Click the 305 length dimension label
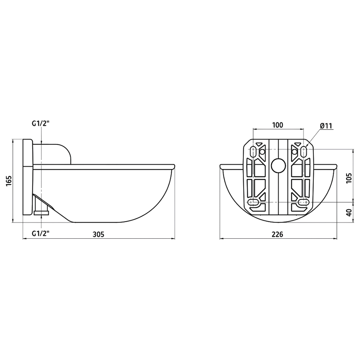pos(98,235)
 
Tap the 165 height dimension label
pos(9,181)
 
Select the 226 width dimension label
pos(277,235)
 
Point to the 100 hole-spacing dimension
pos(277,125)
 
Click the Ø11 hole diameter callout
pos(326,126)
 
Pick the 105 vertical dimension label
pos(349,178)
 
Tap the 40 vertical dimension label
pos(349,212)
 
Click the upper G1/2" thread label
pos(41,124)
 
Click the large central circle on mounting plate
pos(278,165)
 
